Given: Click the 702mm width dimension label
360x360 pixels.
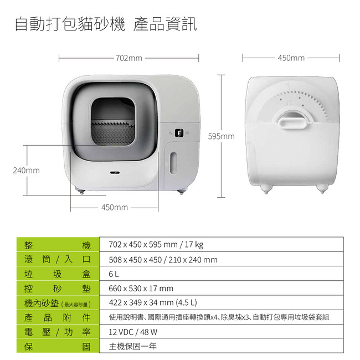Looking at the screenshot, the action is coord(129,58).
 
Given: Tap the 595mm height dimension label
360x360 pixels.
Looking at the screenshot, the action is coord(222,136).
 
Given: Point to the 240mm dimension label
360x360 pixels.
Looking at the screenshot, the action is coord(27,171).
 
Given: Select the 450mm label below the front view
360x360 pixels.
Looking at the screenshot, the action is coord(115,207).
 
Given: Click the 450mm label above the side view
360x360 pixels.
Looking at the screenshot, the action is coord(291,58).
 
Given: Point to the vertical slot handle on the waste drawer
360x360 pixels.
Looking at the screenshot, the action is coord(173,163).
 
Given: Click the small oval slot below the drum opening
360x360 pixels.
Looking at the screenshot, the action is coord(115,172).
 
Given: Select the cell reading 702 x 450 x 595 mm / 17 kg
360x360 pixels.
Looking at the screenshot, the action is coord(222,244).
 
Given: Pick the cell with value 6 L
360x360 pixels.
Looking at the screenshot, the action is coord(222,274).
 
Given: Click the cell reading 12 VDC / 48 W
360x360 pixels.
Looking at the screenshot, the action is coord(222,332).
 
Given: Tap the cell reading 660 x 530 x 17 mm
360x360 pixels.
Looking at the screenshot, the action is coord(222,288).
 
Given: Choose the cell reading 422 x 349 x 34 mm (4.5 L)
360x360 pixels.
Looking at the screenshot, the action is coord(222,302).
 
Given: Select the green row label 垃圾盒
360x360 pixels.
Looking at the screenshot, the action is coord(58,274).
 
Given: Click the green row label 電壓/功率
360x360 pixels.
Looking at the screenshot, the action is coord(58,332).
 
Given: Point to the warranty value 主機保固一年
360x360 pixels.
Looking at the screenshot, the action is coord(133,346).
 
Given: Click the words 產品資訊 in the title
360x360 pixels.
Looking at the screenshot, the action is coord(165,24).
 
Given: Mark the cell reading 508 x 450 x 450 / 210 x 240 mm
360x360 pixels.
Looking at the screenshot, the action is coord(222,259).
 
